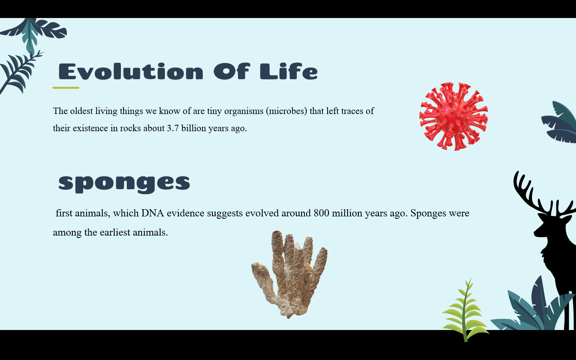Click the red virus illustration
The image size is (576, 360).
pos(454,116)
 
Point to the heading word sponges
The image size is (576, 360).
pos(124,184)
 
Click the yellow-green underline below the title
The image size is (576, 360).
pos(66,88)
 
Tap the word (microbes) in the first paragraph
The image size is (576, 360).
pos(286,111)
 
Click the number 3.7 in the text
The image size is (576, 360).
pos(173,128)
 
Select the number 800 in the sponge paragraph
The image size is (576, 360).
pos(322,213)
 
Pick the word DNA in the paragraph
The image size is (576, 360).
pos(153,213)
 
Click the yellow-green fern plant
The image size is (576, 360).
pos(466,311)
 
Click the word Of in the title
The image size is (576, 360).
pos(232,71)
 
